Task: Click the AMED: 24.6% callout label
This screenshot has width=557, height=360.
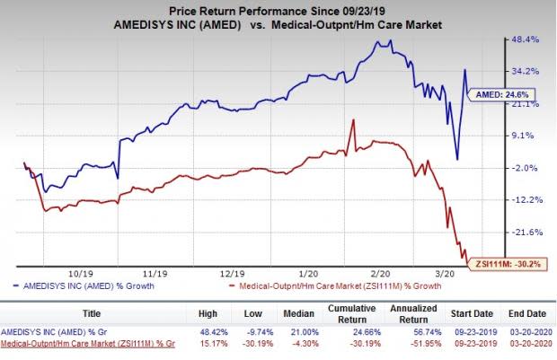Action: click(495, 92)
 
